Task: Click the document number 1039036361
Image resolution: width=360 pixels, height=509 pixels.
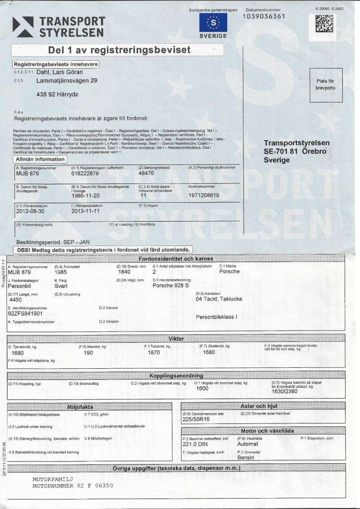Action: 264,17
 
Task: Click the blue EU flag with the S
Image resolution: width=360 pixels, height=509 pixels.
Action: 213,22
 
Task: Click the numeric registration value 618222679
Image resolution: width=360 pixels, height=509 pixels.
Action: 85,174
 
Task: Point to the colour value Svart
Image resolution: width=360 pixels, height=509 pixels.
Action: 62,287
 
